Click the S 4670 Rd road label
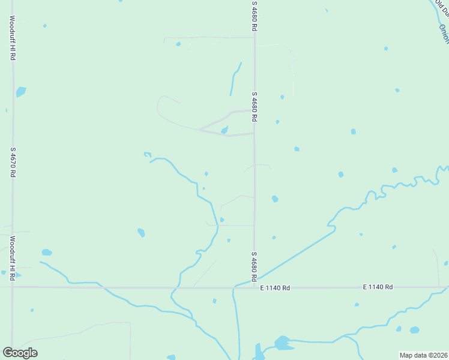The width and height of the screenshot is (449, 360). [x=12, y=162]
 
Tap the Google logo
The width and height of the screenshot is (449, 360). [x=20, y=353]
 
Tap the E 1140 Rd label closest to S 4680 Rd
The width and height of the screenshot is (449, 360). [x=275, y=288]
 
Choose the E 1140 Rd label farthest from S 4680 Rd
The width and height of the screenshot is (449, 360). [x=378, y=287]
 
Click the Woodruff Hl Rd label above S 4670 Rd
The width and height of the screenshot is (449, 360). [x=12, y=37]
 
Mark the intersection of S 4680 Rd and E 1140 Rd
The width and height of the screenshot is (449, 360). [x=254, y=287]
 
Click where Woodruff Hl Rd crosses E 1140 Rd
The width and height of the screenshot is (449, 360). [x=12, y=287]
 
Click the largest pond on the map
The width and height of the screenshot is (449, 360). [x=282, y=343]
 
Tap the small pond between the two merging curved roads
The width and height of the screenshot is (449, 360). [x=224, y=130]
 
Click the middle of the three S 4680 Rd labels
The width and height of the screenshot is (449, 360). [x=255, y=107]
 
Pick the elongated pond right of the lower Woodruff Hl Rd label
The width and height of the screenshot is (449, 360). [x=46, y=253]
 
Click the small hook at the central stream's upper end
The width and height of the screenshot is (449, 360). [x=147, y=155]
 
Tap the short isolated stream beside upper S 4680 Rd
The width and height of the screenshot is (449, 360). [x=235, y=78]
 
